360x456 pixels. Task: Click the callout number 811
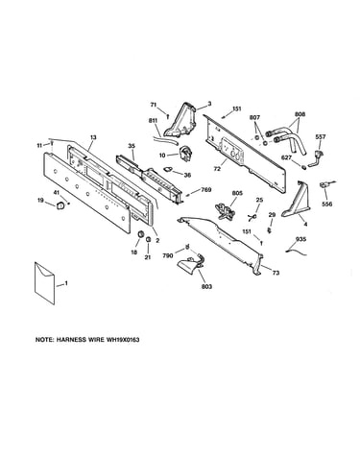click(x=153, y=121)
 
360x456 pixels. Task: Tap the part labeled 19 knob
click(x=60, y=205)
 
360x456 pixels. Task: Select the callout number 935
click(x=300, y=239)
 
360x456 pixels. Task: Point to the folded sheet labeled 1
click(x=44, y=283)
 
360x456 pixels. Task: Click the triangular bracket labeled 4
click(x=296, y=200)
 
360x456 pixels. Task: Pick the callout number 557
click(x=321, y=137)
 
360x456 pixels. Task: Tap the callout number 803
click(x=206, y=286)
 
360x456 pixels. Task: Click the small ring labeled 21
click(x=148, y=240)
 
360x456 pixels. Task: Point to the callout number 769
click(x=206, y=190)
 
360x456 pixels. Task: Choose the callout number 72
click(x=217, y=169)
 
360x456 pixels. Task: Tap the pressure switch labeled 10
click(x=184, y=153)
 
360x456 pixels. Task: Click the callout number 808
click(x=300, y=114)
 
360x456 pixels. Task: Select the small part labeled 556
click(x=325, y=185)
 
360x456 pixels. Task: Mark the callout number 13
click(x=93, y=137)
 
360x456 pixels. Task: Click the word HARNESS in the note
click(x=72, y=340)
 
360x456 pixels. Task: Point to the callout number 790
click(x=168, y=255)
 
